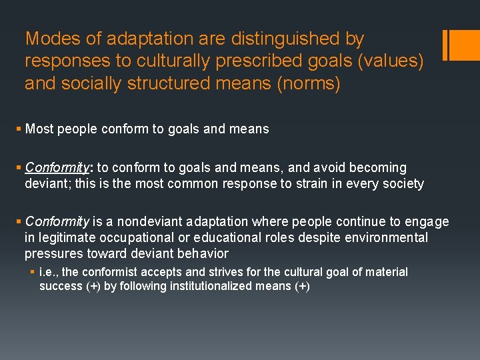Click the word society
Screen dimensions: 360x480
click(x=401, y=183)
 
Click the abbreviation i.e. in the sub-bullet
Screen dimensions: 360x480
click(x=49, y=272)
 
